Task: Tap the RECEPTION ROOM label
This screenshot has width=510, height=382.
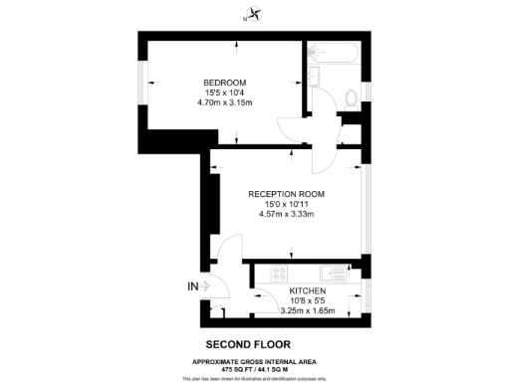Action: (x=286, y=193)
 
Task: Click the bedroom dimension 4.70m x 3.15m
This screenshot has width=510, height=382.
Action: (x=224, y=102)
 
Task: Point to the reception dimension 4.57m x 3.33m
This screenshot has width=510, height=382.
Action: (x=286, y=214)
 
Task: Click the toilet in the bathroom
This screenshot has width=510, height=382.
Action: (x=350, y=97)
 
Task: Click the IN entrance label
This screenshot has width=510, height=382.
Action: (x=192, y=287)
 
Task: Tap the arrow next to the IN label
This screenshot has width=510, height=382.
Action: (x=205, y=287)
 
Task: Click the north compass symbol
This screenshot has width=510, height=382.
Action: (x=256, y=14)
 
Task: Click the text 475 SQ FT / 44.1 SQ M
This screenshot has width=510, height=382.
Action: (x=255, y=366)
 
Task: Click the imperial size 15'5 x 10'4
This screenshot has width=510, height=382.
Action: (x=224, y=93)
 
